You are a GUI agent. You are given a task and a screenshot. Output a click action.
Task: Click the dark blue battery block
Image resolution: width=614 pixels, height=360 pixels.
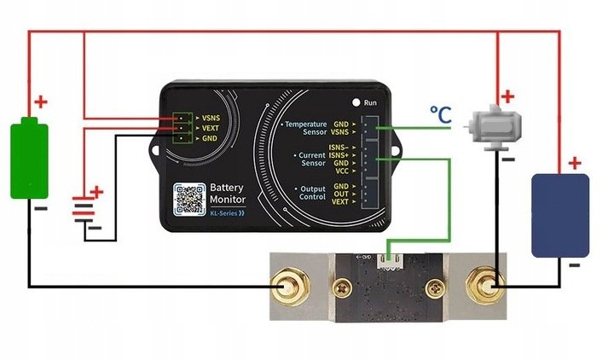(559, 214)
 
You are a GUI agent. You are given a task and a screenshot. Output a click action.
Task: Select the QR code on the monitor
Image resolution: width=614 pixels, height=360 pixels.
(188, 199)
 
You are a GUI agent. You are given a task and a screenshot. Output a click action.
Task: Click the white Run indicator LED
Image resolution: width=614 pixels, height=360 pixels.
(356, 102)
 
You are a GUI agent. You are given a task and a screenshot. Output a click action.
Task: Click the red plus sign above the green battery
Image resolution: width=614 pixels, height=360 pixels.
(40, 103)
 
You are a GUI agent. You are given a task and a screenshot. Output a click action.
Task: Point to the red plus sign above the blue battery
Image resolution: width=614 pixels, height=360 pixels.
(575, 162)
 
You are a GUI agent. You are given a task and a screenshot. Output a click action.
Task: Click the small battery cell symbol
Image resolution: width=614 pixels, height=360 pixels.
(82, 209)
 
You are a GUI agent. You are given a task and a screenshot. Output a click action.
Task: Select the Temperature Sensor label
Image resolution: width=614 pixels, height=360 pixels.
(305, 129)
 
